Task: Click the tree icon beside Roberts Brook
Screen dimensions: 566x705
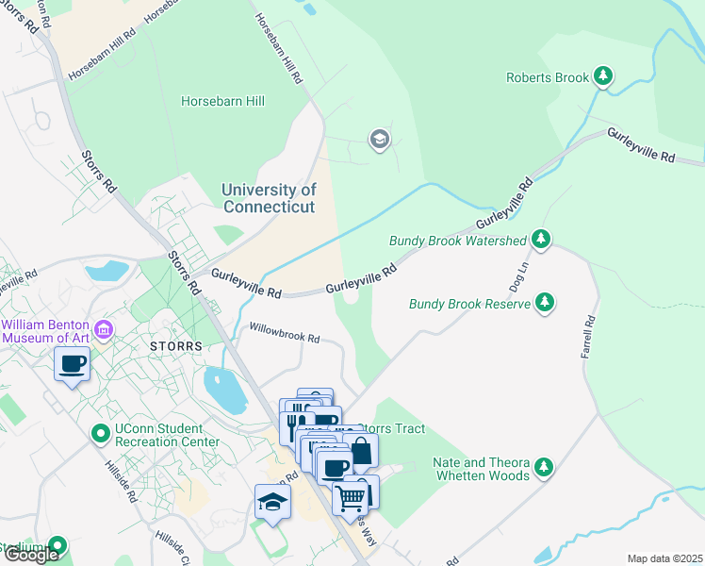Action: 603,77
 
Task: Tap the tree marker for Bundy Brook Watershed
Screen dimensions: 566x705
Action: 541,241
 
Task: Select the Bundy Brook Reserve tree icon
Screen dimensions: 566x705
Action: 544,303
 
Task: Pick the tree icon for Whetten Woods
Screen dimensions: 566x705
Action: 544,468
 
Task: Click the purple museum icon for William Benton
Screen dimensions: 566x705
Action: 104,329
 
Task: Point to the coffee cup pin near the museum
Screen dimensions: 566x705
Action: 72,363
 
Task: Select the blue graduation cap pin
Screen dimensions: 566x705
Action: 272,500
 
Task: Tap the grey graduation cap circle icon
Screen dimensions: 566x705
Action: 379,141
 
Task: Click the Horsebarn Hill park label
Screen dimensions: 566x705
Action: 222,101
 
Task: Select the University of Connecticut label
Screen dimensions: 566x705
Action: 269,198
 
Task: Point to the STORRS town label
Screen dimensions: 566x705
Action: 176,346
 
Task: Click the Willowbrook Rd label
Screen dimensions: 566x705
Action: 285,332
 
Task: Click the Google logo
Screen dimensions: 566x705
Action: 31,554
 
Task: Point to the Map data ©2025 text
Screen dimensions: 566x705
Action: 664,558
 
